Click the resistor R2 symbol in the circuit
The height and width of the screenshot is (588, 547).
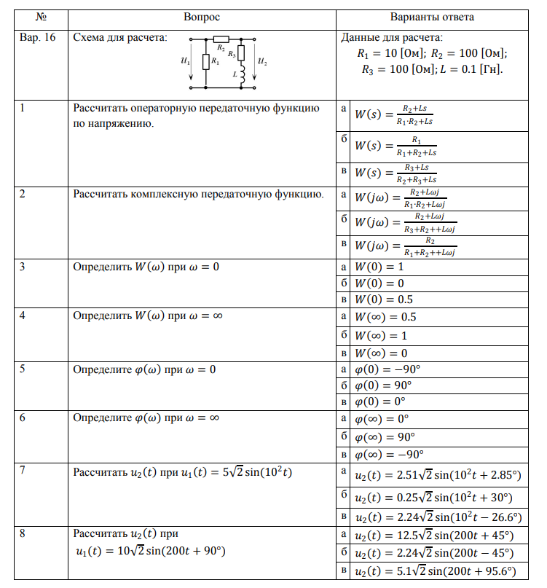point(221,39)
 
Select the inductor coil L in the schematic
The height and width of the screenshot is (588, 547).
point(242,74)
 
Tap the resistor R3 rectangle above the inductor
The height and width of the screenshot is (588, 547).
point(242,52)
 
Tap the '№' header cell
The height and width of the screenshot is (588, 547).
point(41,16)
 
